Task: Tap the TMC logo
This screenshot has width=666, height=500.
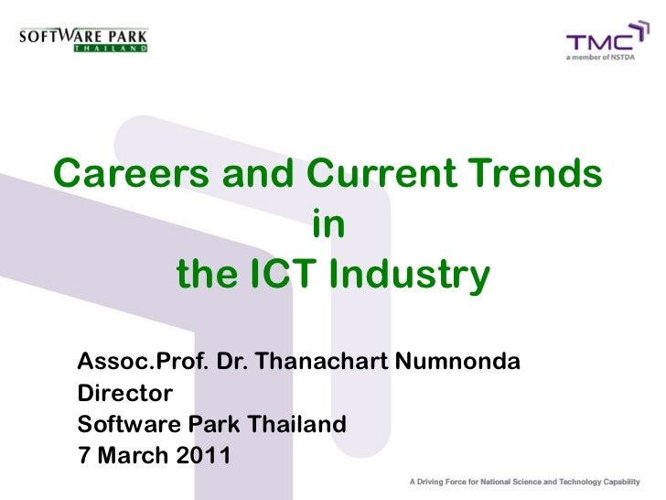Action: click(x=600, y=41)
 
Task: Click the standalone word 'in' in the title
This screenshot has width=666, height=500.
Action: click(x=329, y=223)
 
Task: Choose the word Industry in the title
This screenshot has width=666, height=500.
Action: click(x=410, y=274)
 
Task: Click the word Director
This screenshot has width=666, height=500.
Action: click(x=124, y=395)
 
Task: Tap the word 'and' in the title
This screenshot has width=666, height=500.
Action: click(x=263, y=172)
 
